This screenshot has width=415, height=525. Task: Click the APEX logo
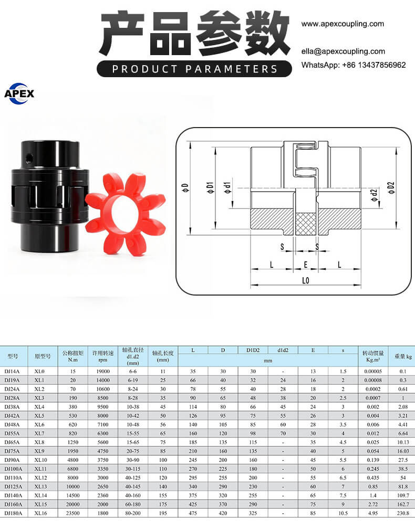[x=19, y=93]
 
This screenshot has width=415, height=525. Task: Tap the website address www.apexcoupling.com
[x=343, y=24]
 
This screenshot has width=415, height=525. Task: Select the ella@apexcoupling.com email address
[x=343, y=51]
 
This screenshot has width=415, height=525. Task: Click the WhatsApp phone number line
[x=354, y=65]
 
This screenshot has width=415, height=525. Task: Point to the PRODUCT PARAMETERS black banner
[x=194, y=69]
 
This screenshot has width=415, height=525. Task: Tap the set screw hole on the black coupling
[x=29, y=157]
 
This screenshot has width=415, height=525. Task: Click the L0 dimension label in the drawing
[x=306, y=280]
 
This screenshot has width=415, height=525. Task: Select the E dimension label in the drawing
[x=306, y=265]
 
